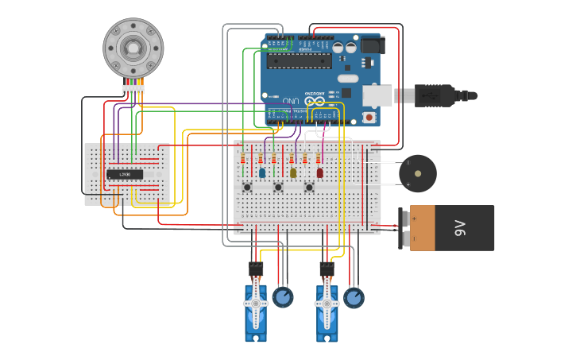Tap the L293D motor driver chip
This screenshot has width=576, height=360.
point(125,174)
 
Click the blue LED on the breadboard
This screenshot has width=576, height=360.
point(262,172)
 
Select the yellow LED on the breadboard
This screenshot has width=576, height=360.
point(293,172)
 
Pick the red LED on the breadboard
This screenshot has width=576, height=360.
point(320,172)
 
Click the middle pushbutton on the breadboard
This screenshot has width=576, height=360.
point(278,188)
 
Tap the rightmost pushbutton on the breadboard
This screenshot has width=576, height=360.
point(309,188)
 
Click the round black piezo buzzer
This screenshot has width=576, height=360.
point(417,173)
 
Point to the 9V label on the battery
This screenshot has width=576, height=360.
point(459,228)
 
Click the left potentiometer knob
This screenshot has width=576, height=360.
point(282,297)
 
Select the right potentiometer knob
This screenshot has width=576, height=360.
point(354,298)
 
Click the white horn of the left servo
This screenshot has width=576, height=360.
point(255,304)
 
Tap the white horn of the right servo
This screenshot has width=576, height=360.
point(326,304)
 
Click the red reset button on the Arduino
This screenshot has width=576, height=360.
point(369,118)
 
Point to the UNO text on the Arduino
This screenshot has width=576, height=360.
point(292,101)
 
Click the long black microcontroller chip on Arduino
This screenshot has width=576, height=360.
point(299,60)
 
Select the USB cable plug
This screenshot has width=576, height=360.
point(433,95)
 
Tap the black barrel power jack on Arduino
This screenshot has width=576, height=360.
point(373,45)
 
